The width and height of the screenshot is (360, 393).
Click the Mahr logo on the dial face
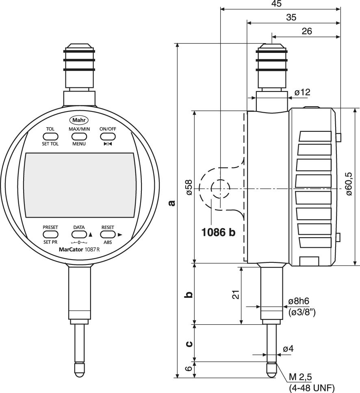click(79, 120)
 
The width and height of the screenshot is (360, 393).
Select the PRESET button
click(50, 234)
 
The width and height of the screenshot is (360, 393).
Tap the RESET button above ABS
click(108, 234)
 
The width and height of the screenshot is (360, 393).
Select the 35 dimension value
click(291, 17)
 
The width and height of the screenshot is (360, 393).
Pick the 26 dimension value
click(307, 31)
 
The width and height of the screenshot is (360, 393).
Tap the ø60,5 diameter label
click(350, 184)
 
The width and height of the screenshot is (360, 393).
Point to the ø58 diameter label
click(189, 187)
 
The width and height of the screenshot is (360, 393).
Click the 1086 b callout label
click(219, 232)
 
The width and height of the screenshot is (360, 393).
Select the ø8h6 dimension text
click(299, 301)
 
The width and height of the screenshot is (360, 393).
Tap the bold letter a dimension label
click(172, 202)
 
